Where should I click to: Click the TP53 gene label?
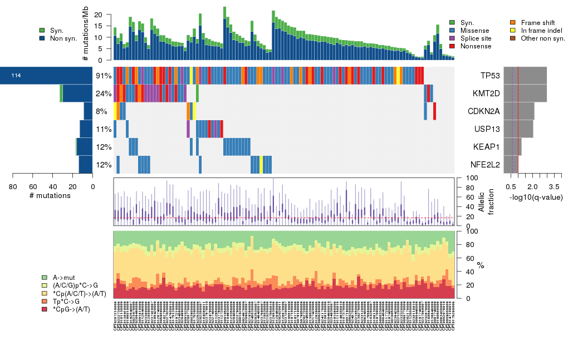pyautogui.click(x=490, y=75)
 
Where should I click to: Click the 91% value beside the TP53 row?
pyautogui.click(x=104, y=76)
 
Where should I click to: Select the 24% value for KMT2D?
pyautogui.click(x=104, y=93)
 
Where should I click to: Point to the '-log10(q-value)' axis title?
pyautogui.click(x=536, y=198)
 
